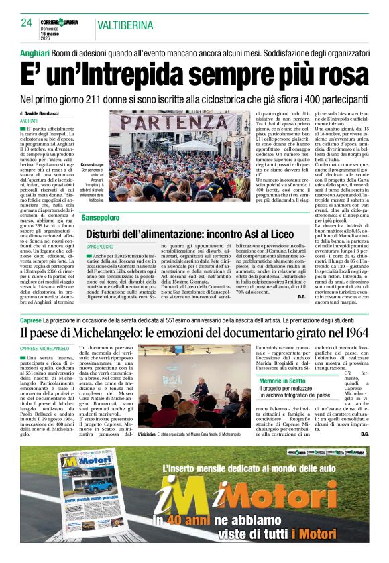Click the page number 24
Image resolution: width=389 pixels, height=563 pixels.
tap(26, 23)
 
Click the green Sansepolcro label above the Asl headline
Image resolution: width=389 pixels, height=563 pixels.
tap(101, 218)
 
